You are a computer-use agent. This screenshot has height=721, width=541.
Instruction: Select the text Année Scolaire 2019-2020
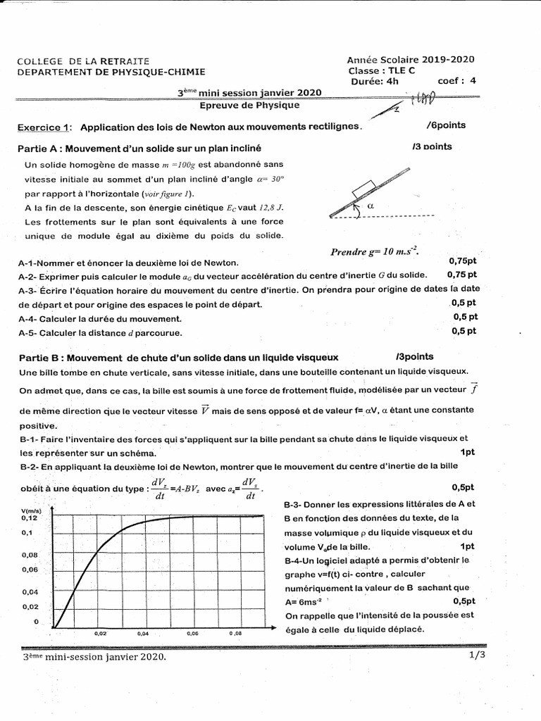coord(411,61)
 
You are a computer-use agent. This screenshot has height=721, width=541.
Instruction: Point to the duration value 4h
coord(392,80)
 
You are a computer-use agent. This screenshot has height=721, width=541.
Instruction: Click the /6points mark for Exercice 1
coord(446,125)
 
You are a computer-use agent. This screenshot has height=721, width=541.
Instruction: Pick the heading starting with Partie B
coord(178,357)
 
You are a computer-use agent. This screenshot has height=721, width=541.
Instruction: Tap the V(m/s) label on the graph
coord(33,510)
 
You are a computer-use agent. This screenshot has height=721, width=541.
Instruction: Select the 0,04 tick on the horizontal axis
coord(143,633)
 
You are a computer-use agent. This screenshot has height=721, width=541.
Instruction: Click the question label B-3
coord(295,504)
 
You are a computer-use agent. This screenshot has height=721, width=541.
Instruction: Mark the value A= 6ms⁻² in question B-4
coord(303,601)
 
